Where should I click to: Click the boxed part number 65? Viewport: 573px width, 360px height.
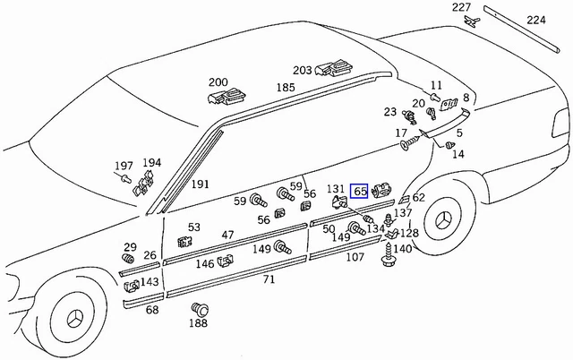click(360, 191)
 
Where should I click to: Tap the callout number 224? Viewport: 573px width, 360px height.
click(535, 19)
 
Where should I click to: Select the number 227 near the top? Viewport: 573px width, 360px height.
click(461, 8)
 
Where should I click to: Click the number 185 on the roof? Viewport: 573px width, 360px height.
click(286, 88)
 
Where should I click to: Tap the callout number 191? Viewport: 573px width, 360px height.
click(201, 184)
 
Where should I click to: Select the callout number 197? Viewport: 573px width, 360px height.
click(124, 166)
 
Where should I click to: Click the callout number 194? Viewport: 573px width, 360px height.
click(152, 163)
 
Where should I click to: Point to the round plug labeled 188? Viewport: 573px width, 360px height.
click(199, 310)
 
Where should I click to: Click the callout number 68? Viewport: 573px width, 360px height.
click(152, 310)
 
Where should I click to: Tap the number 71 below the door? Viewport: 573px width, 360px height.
click(269, 280)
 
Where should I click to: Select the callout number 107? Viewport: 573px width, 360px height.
click(355, 258)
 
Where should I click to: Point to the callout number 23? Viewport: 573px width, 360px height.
click(389, 112)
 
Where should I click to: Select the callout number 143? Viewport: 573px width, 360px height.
click(150, 281)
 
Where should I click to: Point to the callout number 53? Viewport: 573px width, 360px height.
click(194, 227)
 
